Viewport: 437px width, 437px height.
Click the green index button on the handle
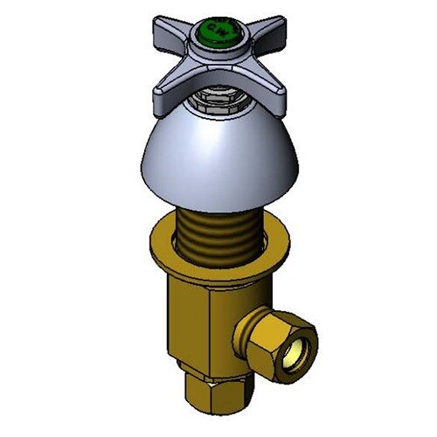pyautogui.click(x=216, y=33)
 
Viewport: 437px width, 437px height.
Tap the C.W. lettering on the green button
pyautogui.click(x=218, y=35)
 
